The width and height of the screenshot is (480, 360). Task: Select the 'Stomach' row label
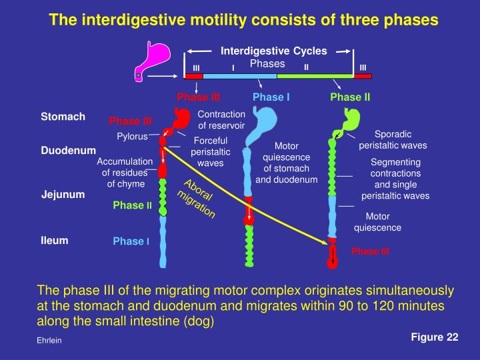coord(63,117)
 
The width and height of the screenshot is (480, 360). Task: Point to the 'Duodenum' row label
coord(69,151)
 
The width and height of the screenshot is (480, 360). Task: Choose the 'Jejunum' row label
coord(63,195)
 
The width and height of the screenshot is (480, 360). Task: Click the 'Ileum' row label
coord(55,239)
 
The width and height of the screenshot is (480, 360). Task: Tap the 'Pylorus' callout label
coord(132,137)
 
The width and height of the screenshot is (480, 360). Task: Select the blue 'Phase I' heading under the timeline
coord(271,97)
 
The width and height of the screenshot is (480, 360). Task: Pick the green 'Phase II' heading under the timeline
coord(350,97)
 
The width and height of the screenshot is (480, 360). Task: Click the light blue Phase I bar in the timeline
coord(239,76)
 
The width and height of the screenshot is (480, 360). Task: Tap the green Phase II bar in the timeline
coord(315,76)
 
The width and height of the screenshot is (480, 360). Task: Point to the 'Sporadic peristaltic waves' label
coord(393,139)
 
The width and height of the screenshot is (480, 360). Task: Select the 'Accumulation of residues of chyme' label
coord(125,173)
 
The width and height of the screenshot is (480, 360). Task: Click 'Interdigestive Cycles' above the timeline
coord(274,51)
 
